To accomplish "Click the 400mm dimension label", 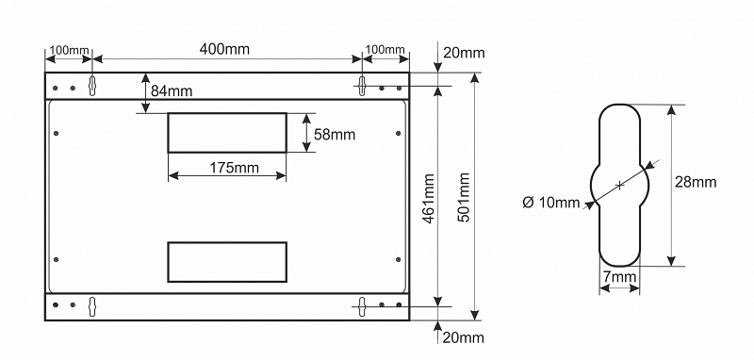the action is tap(224, 49).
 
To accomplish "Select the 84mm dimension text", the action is tap(172, 90).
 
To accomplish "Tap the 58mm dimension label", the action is tap(335, 135).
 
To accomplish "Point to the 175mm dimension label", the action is tap(234, 168).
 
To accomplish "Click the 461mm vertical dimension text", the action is tap(429, 198).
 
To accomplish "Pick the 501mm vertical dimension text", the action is tap(464, 197).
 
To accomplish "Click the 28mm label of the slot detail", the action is tap(696, 182).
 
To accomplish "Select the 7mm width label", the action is tap(619, 277).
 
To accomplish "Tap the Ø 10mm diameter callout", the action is tap(551, 203).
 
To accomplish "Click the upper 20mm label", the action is tap(464, 53).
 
